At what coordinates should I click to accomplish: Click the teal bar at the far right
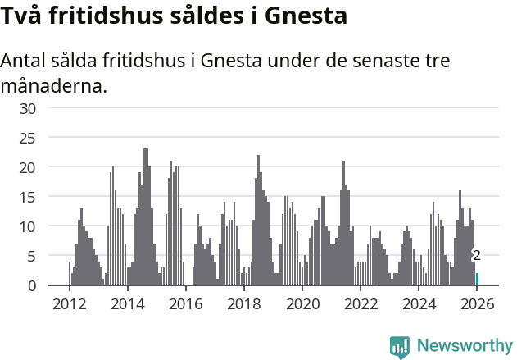pyautogui.click(x=477, y=279)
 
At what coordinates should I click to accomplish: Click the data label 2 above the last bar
pyautogui.click(x=476, y=257)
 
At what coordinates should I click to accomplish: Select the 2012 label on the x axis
pyautogui.click(x=69, y=304)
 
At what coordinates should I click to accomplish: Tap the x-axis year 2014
pyautogui.click(x=127, y=304)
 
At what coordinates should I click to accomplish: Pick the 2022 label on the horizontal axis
pyautogui.click(x=361, y=304)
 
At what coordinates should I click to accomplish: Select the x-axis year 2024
pyautogui.click(x=419, y=304)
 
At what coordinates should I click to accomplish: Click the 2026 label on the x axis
pyautogui.click(x=477, y=304)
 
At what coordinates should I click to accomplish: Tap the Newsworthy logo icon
pyautogui.click(x=400, y=347)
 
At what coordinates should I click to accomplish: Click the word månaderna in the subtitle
pyautogui.click(x=53, y=85)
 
